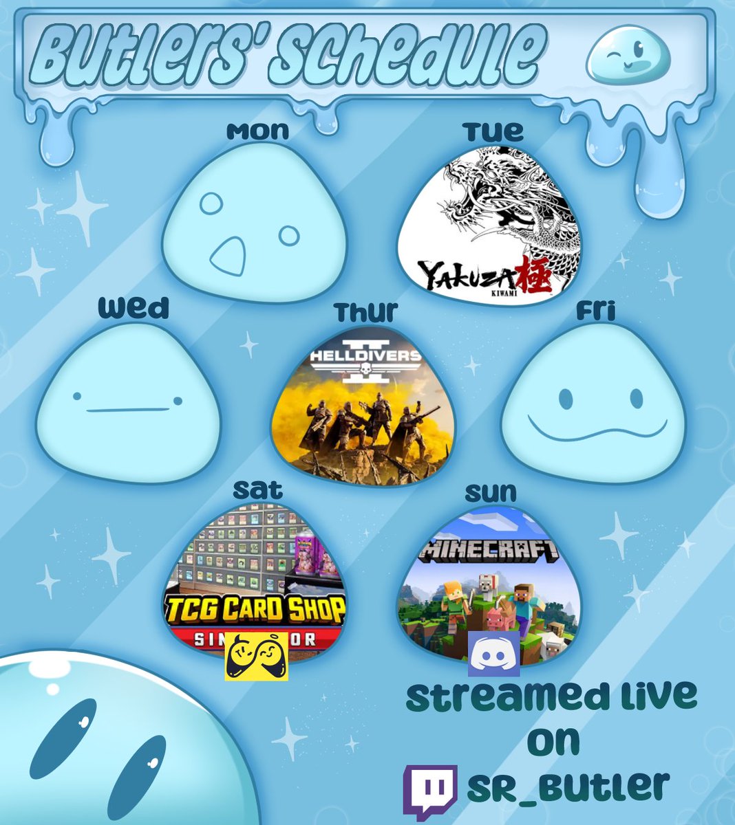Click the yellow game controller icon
coord(256,657)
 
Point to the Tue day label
coord(493,131)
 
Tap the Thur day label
coord(366,311)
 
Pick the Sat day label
coord(257,490)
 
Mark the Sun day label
coord(490,492)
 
